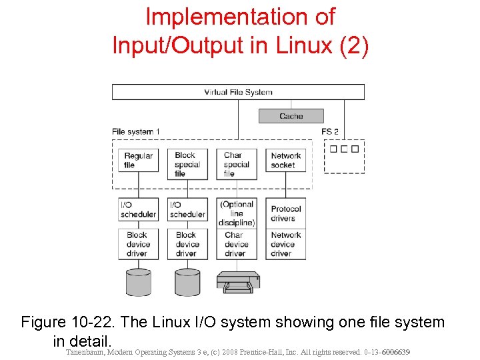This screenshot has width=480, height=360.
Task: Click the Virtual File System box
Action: coord(238,92)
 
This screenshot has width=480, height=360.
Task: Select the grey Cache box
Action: coord(291,116)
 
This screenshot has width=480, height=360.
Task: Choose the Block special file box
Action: coord(187,164)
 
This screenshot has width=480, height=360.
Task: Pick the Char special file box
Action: coord(237,164)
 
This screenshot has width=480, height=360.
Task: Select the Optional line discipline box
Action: coord(237,213)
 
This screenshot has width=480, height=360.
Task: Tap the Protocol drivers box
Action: coord(286,213)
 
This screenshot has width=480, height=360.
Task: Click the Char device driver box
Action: coord(237,244)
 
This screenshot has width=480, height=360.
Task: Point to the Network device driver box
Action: coord(286,244)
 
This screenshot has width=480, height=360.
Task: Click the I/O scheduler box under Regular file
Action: coord(139,209)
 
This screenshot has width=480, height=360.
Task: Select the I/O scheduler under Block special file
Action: coord(187,209)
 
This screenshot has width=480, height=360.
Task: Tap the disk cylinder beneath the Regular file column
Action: coord(139,282)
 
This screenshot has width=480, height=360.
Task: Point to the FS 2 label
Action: coord(330,131)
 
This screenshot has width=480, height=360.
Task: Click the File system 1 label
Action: coord(136,131)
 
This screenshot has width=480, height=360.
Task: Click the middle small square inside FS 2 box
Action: coord(344,149)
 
